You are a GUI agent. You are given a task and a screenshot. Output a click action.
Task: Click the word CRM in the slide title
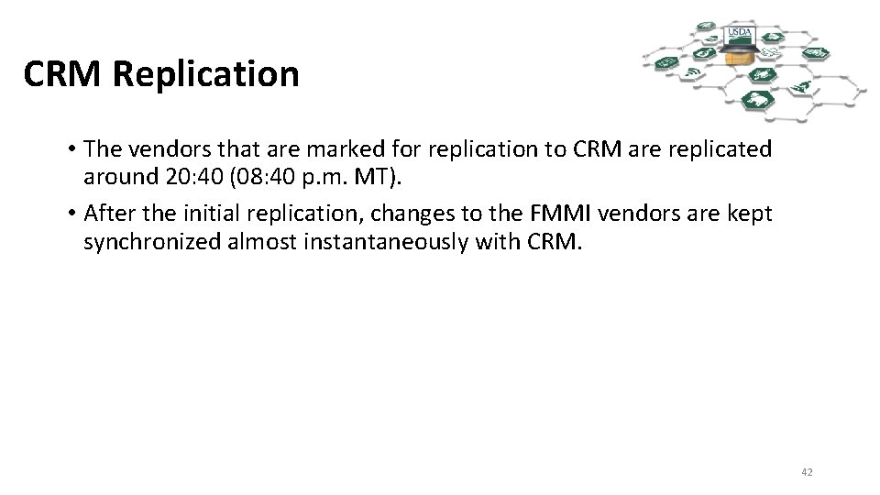click(x=63, y=74)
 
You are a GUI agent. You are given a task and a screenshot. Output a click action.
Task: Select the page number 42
click(x=807, y=472)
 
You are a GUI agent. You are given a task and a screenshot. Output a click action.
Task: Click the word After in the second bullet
click(x=109, y=214)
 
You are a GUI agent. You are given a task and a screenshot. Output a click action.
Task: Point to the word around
click(x=116, y=175)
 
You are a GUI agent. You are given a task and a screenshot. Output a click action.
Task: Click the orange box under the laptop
click(x=734, y=58)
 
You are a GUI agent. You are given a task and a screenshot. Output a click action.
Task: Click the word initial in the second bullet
click(x=210, y=214)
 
